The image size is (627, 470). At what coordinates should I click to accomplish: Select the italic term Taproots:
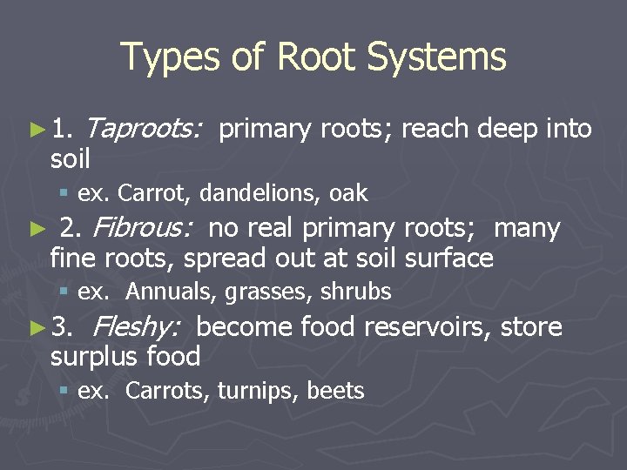pos(145,129)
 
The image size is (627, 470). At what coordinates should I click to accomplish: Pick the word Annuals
pos(171,292)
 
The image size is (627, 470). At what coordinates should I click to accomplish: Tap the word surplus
pos(94,357)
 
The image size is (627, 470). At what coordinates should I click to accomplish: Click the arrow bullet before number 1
pos(37,130)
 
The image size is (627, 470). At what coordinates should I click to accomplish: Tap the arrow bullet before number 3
pos(37,328)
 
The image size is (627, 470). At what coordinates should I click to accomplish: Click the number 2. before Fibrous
pos(71,228)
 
